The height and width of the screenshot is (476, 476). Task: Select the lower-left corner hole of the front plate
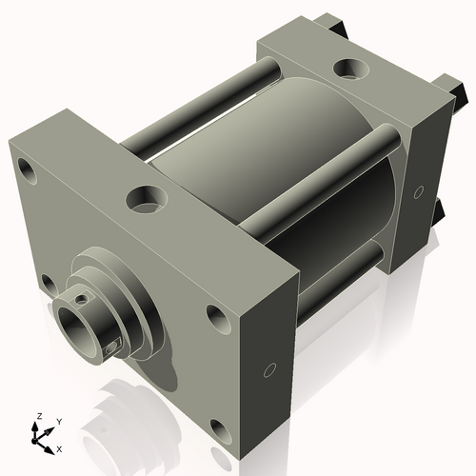pos(47,281)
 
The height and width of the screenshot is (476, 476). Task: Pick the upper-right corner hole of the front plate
pos(214,317)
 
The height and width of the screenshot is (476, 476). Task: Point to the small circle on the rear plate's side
pos(417,193)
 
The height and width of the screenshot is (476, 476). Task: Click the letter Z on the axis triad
pos(38,417)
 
